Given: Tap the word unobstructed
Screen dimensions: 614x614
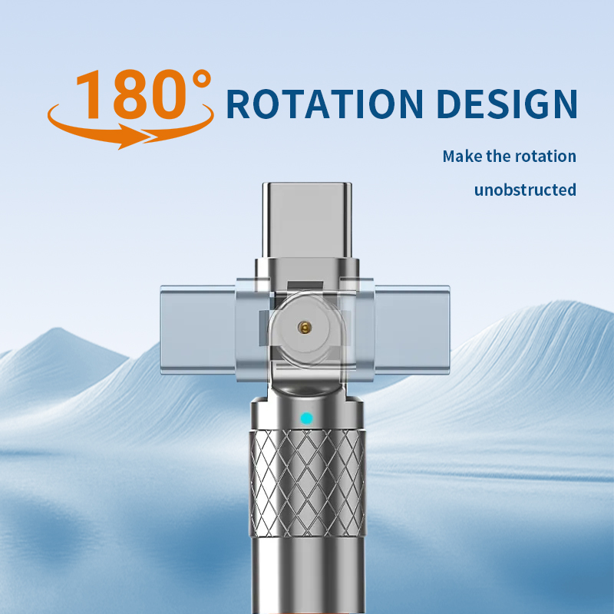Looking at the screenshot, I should pos(525,190).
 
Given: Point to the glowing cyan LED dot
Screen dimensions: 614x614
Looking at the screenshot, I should pos(307,419).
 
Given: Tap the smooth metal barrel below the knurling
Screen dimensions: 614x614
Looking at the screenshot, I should pos(306,576).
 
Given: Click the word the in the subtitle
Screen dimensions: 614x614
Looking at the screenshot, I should pos(502,157).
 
